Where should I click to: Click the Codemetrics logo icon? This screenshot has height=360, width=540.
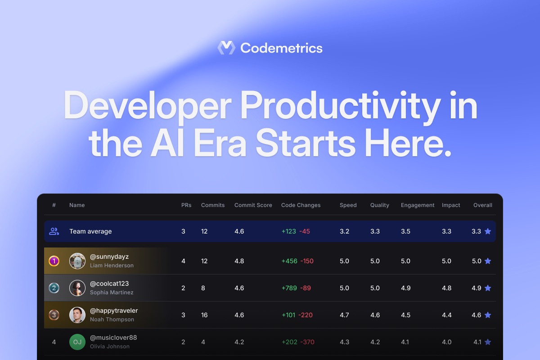pos(226,48)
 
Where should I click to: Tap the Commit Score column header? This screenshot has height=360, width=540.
pos(253,205)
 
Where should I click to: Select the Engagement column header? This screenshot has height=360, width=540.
pos(418,205)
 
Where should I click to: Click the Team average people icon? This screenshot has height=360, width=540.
pos(54,231)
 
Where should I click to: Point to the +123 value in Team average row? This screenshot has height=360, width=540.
pos(288,231)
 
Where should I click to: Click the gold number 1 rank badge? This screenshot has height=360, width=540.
pos(54,261)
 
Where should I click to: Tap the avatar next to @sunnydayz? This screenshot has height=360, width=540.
pos(77,261)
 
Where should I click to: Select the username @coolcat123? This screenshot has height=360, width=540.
pos(109,283)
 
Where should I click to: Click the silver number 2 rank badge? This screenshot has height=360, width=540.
pos(54,288)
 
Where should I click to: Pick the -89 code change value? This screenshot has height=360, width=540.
pos(306,288)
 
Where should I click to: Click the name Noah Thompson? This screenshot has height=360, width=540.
pos(112,319)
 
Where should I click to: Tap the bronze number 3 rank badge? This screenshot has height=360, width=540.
pos(54,315)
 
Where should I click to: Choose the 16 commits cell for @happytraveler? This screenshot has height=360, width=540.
pos(204,315)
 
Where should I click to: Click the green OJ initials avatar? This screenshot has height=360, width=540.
pos(77,342)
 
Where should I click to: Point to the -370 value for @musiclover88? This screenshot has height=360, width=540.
pos(307,342)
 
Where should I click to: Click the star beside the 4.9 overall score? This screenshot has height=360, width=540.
pos(488,288)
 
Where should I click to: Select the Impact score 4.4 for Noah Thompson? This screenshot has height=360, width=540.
pos(446,315)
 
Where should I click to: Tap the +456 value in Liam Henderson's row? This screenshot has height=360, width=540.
pos(289,261)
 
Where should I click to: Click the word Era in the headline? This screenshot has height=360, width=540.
pos(220,143)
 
